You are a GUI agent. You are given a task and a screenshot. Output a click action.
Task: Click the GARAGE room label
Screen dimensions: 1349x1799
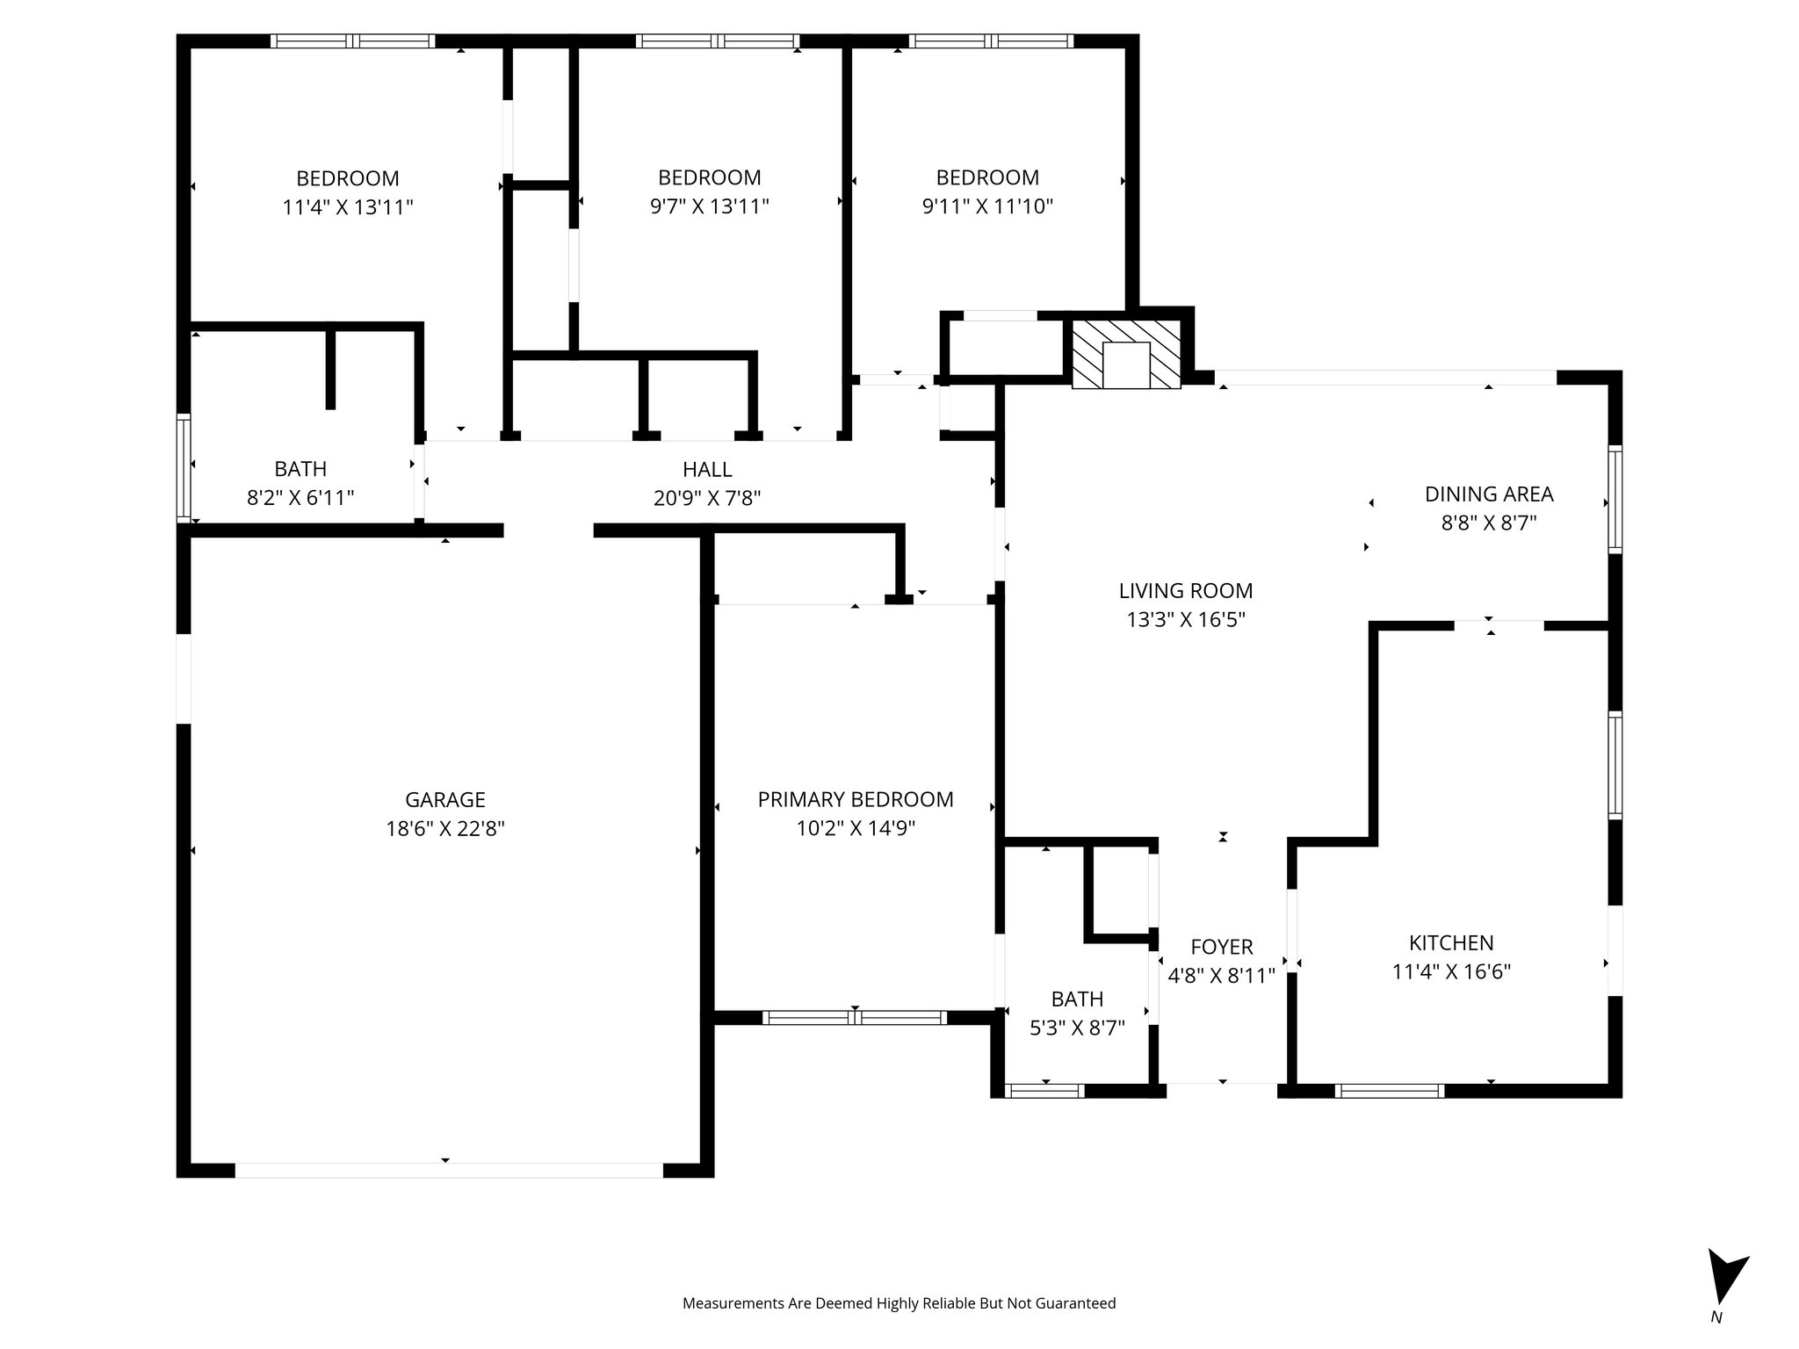tap(444, 799)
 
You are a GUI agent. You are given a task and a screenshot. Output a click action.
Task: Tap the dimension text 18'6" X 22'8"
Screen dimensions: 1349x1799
tap(444, 828)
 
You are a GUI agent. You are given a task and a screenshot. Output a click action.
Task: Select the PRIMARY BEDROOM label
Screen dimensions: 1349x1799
tap(855, 799)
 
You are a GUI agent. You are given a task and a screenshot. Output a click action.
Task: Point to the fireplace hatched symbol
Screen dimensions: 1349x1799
tap(1126, 353)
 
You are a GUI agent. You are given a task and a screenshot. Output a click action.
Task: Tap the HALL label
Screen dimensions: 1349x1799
tap(706, 469)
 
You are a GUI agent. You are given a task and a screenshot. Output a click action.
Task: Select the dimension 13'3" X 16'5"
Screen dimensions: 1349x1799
tap(1186, 620)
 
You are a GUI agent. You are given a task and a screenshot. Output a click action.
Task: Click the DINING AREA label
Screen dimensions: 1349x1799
tap(1489, 494)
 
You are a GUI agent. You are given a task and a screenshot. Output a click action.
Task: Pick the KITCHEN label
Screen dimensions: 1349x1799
tap(1451, 942)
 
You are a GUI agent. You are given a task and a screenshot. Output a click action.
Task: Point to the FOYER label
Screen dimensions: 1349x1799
tap(1221, 947)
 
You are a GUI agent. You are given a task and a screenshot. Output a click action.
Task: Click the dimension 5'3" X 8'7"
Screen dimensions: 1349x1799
tap(1077, 1028)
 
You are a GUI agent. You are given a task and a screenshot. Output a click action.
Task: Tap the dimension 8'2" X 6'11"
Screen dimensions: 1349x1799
tap(300, 498)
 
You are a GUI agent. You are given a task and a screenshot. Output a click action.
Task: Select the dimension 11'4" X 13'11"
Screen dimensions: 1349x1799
tap(348, 207)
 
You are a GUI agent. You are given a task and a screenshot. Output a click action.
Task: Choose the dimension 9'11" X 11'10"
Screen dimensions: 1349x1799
tap(987, 206)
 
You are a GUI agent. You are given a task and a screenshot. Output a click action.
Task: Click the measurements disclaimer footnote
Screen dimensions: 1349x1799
tap(899, 1303)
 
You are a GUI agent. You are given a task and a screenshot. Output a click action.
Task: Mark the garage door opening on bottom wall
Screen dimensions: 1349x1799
tap(448, 1170)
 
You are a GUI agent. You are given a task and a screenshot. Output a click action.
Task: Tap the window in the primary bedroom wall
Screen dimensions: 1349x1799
tap(854, 1018)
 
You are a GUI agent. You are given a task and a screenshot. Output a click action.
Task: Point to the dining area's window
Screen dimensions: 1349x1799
tap(1615, 499)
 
